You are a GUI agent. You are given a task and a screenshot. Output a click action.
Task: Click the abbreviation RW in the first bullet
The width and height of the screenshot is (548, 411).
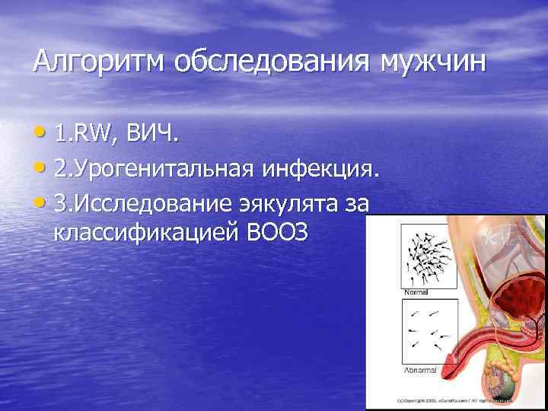tap(91, 137)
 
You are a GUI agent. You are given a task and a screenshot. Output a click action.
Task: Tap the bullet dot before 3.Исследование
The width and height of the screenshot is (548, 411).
tap(40, 203)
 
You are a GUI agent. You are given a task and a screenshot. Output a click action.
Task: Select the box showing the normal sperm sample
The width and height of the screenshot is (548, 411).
tap(428, 255)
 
